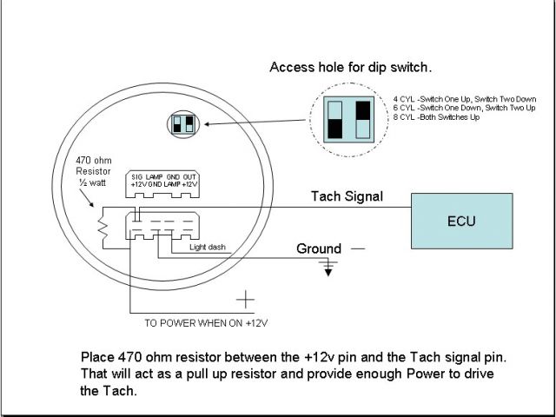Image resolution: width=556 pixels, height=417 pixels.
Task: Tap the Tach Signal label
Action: pos(347,197)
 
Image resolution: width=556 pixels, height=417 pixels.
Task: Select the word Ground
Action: pos(319,248)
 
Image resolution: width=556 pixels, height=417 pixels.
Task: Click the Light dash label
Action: pos(208,248)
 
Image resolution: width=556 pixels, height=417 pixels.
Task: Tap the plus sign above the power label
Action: pos(248,301)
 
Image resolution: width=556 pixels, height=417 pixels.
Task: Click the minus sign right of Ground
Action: pos(357,248)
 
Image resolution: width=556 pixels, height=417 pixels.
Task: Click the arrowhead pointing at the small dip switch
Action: pos(208,125)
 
